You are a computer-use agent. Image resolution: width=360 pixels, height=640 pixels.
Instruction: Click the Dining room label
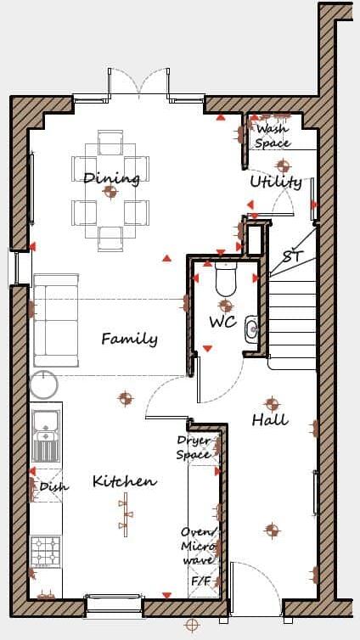(111, 178)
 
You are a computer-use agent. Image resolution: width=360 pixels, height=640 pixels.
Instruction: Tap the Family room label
(129, 339)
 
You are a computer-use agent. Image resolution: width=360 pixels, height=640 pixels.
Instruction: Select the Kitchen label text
(125, 481)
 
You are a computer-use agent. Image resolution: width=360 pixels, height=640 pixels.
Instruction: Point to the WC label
(222, 323)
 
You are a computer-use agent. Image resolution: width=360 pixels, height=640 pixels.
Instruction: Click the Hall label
(270, 419)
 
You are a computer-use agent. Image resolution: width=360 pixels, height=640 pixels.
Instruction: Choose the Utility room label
(275, 182)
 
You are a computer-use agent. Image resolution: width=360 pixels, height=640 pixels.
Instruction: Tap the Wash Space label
(273, 136)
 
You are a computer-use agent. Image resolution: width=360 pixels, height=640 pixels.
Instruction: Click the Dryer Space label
(194, 447)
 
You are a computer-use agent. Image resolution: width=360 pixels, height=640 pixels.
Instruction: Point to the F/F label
(200, 581)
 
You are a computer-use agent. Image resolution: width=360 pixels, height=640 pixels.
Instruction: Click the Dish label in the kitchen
(53, 486)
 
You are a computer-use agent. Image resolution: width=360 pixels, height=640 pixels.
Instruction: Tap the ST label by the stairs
(292, 255)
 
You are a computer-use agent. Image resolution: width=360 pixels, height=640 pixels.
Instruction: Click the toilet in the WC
(226, 278)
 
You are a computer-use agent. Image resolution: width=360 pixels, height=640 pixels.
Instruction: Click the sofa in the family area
(55, 320)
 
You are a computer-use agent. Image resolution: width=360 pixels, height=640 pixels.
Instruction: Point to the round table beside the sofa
(44, 386)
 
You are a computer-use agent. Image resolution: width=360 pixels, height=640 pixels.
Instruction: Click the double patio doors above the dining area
(138, 85)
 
